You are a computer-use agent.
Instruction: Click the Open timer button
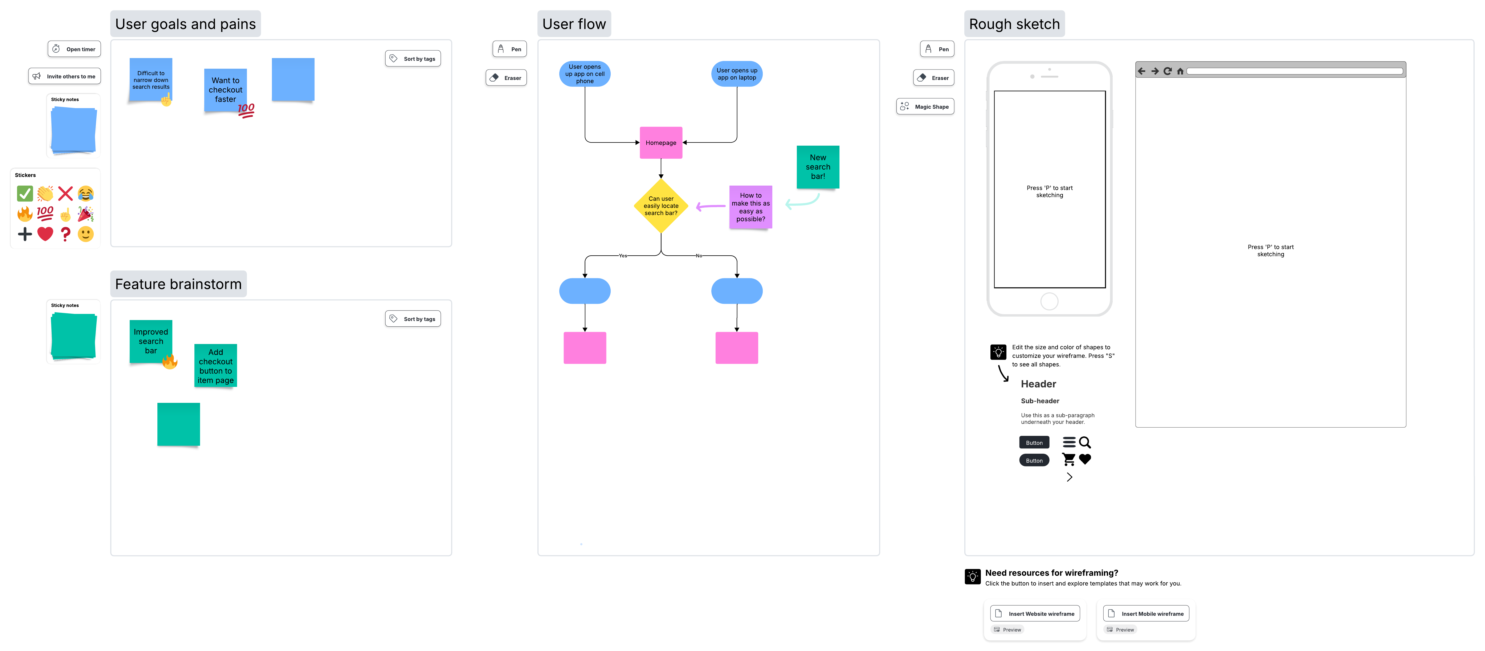tap(74, 49)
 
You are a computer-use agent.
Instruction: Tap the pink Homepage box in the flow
tap(661, 142)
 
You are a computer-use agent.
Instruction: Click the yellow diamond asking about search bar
tap(661, 206)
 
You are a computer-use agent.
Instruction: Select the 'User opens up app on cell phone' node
tap(585, 74)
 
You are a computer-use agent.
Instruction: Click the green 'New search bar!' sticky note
tap(817, 166)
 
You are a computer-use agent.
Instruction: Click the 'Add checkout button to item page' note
tap(216, 366)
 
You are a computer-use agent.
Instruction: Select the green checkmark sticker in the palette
tap(25, 194)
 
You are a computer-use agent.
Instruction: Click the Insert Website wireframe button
tap(1035, 613)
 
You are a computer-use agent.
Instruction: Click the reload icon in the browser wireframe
tap(1167, 71)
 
